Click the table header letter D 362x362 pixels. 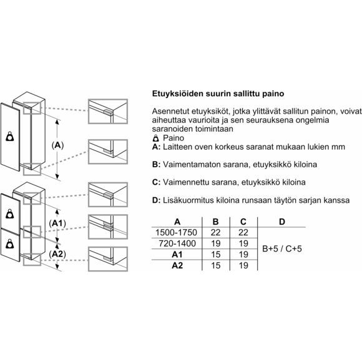(282, 222)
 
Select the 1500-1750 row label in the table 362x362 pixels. (176, 232)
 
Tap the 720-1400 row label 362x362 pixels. (177, 243)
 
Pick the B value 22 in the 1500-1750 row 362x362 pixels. (215, 232)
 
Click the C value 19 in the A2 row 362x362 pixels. (243, 265)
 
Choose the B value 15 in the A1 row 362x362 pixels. (215, 255)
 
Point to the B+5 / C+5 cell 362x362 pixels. (282, 248)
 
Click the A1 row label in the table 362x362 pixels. (177, 255)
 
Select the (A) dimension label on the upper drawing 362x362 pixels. (57, 145)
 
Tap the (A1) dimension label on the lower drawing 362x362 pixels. (57, 223)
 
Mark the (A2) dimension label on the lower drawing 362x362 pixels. (57, 254)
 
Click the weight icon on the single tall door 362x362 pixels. (10, 136)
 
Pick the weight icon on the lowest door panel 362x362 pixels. (10, 244)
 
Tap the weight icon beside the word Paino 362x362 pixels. (156, 139)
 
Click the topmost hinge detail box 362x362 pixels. (108, 112)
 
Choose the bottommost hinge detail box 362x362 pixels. (108, 259)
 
